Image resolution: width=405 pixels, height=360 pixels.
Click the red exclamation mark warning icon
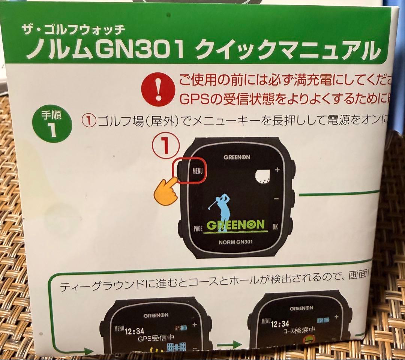click(157, 90)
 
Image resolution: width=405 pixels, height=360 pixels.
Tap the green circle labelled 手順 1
click(52, 124)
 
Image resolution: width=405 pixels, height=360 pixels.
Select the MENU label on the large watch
click(197, 171)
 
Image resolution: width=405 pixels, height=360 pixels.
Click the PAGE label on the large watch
click(198, 228)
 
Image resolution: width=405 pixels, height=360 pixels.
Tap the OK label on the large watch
click(276, 226)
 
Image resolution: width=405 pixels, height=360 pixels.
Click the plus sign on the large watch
click(277, 170)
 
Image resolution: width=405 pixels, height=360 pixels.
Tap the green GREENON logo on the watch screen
click(235, 225)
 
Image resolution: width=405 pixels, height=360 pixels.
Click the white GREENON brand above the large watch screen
click(237, 157)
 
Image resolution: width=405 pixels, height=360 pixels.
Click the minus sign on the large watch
click(276, 198)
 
